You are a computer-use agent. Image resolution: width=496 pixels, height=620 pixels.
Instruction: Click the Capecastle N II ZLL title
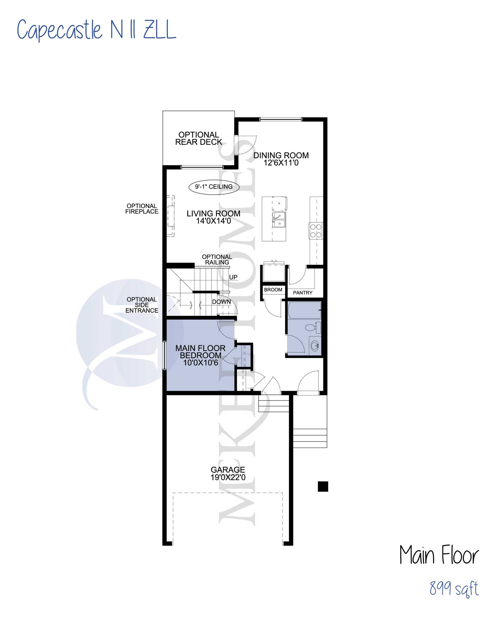click(x=96, y=30)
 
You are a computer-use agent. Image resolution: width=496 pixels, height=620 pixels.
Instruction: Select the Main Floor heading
click(x=439, y=555)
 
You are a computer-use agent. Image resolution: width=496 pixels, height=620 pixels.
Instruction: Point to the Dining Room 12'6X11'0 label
click(x=281, y=159)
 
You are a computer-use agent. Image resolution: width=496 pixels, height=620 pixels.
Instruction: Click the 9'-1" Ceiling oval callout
click(x=214, y=187)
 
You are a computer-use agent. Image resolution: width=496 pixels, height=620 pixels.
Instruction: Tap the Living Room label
click(x=213, y=217)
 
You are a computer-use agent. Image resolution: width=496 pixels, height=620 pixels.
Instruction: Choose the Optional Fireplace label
click(x=142, y=209)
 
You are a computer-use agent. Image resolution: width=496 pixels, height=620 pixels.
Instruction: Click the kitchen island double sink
click(x=279, y=220)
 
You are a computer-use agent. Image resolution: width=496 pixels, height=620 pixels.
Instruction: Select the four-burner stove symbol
click(x=316, y=231)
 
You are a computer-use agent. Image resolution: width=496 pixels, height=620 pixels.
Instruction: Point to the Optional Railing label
click(x=217, y=260)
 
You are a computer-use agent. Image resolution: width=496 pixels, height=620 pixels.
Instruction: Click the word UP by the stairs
click(x=233, y=277)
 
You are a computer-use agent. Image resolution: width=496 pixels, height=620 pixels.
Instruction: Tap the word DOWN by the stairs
click(x=221, y=302)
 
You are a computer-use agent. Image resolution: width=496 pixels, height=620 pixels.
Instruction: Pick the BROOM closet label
click(x=273, y=290)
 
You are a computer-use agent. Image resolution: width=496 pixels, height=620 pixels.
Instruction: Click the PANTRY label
click(x=302, y=293)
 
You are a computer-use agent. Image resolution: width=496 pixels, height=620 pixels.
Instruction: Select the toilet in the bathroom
click(x=312, y=327)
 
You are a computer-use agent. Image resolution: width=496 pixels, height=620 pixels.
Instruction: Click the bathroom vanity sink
click(x=315, y=346)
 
